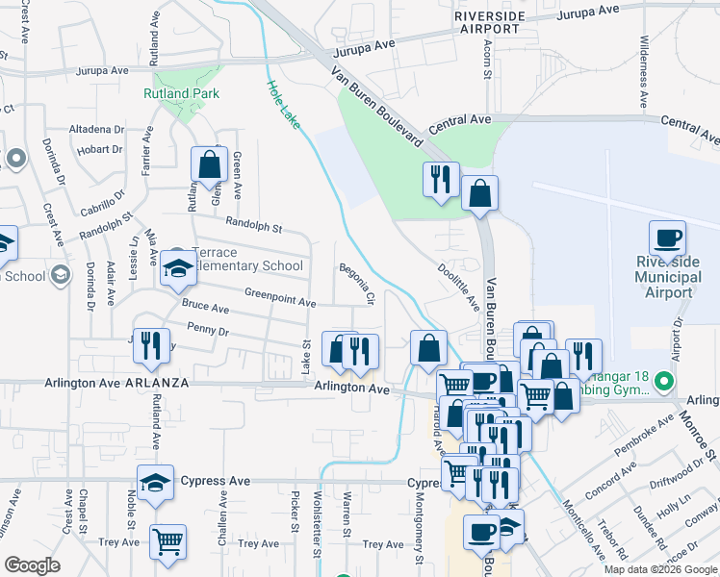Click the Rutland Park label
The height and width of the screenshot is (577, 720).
(x=181, y=93)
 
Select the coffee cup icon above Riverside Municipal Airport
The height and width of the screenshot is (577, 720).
(x=667, y=238)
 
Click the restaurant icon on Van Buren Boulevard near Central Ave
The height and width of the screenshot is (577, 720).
(x=441, y=178)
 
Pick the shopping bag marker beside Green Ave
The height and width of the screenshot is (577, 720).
(x=209, y=165)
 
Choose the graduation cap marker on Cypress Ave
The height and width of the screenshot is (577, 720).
(x=155, y=483)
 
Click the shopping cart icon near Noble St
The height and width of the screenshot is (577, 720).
(x=167, y=540)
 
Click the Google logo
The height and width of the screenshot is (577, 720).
(x=32, y=565)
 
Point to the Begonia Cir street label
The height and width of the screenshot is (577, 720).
(x=354, y=283)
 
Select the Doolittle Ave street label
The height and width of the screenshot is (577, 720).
(x=458, y=288)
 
